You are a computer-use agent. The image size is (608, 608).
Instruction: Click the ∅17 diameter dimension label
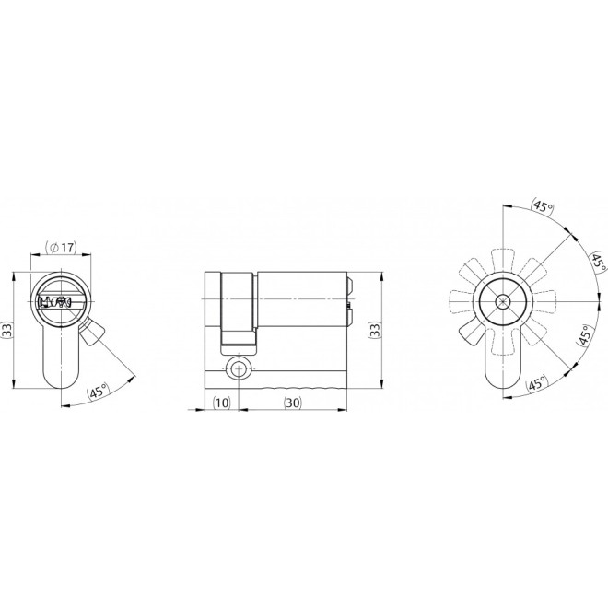tap(61, 248)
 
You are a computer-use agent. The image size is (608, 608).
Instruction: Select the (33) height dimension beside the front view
tap(6, 331)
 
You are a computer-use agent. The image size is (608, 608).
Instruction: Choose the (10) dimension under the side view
tap(221, 402)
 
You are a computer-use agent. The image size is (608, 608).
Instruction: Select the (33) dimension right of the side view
tap(374, 330)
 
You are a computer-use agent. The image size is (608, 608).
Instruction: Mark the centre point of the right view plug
tap(503, 302)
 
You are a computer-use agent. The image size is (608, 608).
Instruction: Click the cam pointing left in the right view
tap(461, 302)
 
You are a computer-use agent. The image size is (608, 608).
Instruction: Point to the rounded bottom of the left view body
tap(61, 380)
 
